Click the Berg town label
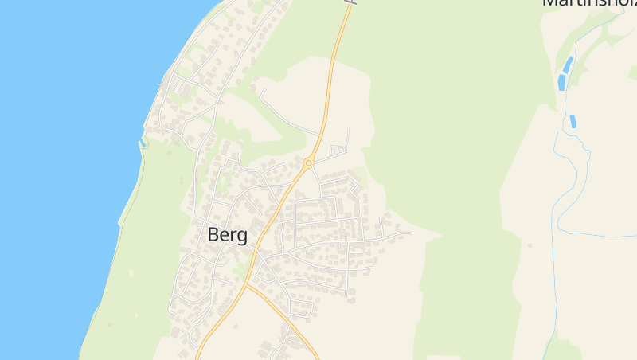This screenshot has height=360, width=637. pyautogui.click(x=227, y=235)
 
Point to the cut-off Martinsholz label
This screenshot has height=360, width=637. pyautogui.click(x=589, y=3)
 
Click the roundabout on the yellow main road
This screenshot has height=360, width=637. pyautogui.click(x=308, y=163)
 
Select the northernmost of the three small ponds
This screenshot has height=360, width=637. pyautogui.click(x=568, y=62)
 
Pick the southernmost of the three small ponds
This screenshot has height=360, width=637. pyautogui.click(x=573, y=122)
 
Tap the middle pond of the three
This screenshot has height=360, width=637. pyautogui.click(x=562, y=82)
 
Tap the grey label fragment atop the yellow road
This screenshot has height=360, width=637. pyautogui.click(x=350, y=2)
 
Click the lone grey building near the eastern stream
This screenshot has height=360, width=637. pyautogui.click(x=530, y=245)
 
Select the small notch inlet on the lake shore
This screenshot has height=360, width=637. pyautogui.click(x=143, y=144)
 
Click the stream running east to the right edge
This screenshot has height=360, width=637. pyautogui.click(x=605, y=235)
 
